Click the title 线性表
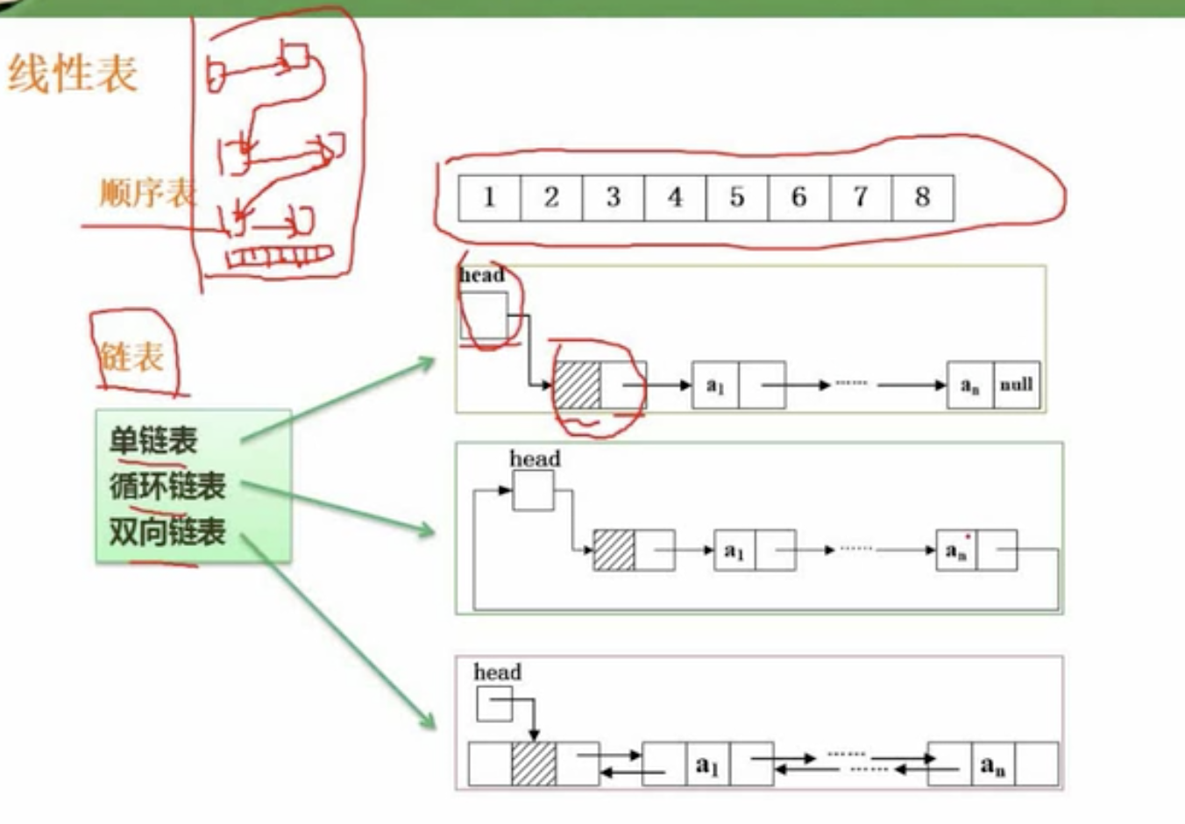[73, 73]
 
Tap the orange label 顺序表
[146, 193]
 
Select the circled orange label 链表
[131, 357]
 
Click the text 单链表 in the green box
[153, 440]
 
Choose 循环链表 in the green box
[167, 485]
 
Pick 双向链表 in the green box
[167, 531]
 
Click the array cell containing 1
[489, 197]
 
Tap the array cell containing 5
[736, 197]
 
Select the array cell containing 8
[922, 197]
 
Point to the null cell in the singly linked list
[1016, 385]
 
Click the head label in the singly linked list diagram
[482, 275]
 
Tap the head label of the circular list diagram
[535, 458]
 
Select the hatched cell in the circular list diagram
[614, 551]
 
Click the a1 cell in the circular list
[734, 551]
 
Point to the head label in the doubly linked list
[497, 672]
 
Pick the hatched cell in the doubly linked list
[534, 764]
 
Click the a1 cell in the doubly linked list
[707, 764]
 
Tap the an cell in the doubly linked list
[992, 764]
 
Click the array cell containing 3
[613, 197]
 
